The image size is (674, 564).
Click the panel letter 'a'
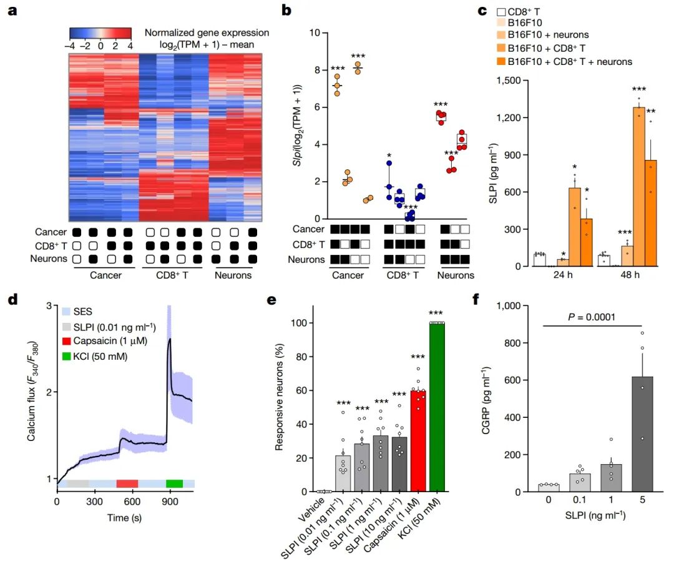pyautogui.click(x=12, y=11)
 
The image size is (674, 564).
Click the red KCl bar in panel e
pyautogui.click(x=437, y=406)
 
